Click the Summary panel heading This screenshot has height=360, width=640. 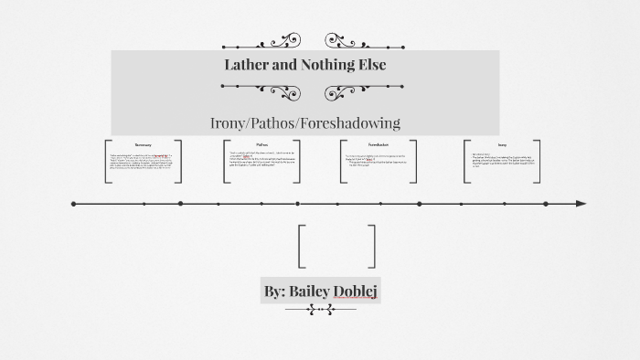point(144,144)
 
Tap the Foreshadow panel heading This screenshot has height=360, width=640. point(379,144)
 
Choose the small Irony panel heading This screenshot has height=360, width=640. point(502,144)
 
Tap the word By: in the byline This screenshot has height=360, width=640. point(274,291)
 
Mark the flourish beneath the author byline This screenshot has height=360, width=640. point(320,311)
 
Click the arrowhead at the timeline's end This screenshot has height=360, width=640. point(581,204)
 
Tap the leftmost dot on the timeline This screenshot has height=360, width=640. point(74,204)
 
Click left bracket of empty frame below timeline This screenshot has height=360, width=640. point(302,245)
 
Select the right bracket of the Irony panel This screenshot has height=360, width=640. point(537,162)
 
